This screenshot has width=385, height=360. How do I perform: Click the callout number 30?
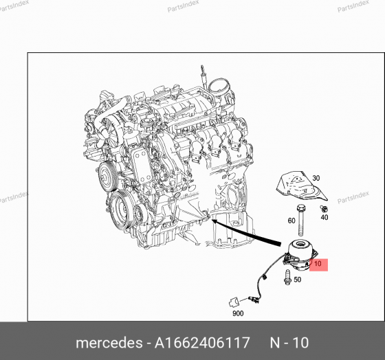317,178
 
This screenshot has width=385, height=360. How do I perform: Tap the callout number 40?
325,217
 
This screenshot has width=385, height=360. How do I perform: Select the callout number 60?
291,221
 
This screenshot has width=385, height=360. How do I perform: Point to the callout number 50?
297,280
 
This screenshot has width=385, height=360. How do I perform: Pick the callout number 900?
238,313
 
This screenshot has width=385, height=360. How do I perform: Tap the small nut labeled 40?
324,207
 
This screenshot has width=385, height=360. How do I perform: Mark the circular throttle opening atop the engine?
221,87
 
